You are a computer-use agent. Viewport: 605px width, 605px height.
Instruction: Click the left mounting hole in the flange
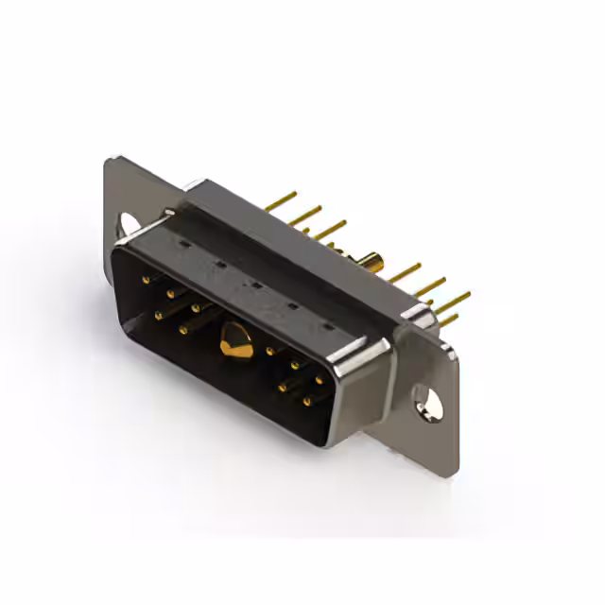click(x=127, y=223)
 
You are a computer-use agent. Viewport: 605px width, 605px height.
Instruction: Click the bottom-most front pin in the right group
click(x=306, y=402)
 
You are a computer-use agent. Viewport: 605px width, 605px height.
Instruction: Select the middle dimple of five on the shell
click(x=253, y=284)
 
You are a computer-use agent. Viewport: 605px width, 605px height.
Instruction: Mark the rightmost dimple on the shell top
click(x=328, y=325)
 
